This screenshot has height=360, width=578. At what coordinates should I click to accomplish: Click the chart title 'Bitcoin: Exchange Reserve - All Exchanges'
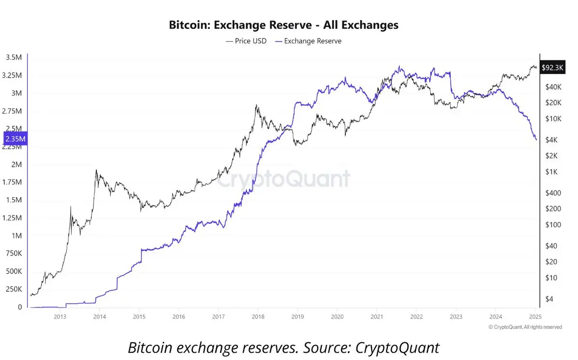pos(283,25)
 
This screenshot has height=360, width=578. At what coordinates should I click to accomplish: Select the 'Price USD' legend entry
pos(246,41)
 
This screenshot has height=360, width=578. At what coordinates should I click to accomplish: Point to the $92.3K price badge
pos(552,68)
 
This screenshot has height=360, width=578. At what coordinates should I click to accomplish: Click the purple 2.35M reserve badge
pos(15,139)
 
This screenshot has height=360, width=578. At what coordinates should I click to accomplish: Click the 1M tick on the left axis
pos(16,236)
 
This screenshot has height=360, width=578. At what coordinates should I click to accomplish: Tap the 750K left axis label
pos(13,253)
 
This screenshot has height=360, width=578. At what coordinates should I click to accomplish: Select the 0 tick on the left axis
pos(20,307)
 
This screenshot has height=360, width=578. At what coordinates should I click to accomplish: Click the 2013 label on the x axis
pos(60,317)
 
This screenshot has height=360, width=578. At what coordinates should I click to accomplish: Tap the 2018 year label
pos(258,317)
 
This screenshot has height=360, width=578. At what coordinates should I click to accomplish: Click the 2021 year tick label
pos(377,317)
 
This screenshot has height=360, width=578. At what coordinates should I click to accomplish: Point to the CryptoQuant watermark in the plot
pos(283,179)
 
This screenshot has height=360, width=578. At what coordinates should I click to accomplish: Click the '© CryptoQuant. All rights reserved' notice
pos(525,327)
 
